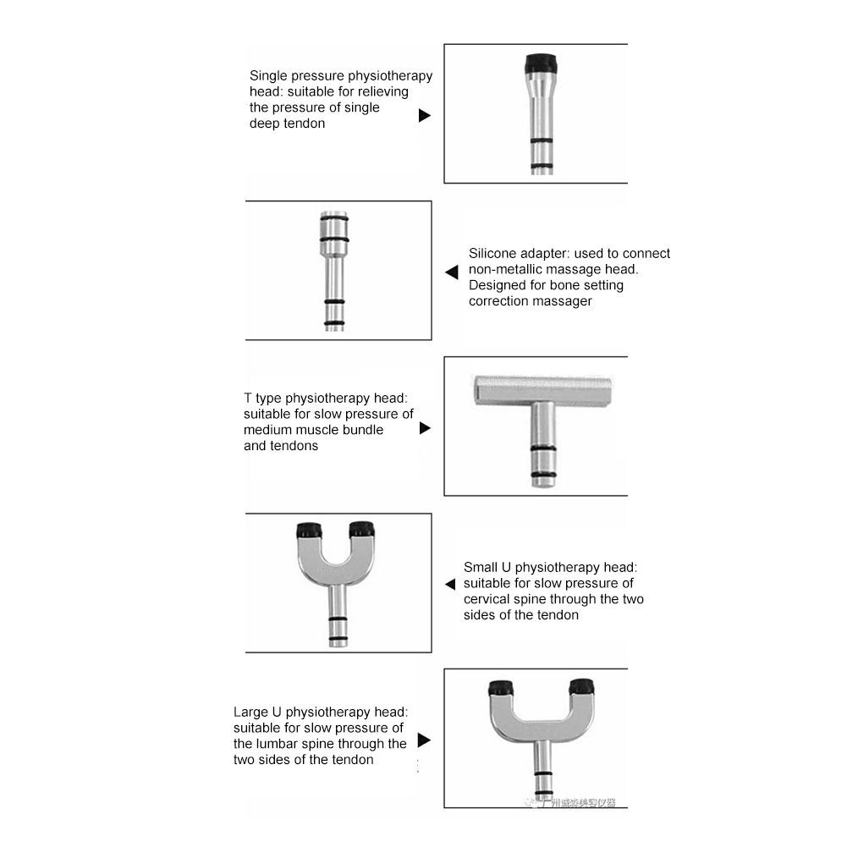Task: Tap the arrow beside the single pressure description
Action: click(425, 115)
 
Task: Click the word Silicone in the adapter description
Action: click(494, 253)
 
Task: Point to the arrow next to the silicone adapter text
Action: click(452, 272)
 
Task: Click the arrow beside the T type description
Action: click(425, 428)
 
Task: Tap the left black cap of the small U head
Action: click(308, 531)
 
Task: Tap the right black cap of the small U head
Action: click(362, 531)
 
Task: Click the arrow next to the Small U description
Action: click(450, 584)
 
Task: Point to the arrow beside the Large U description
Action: click(424, 740)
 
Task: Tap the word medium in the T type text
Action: click(267, 430)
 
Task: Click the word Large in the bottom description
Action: click(251, 712)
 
